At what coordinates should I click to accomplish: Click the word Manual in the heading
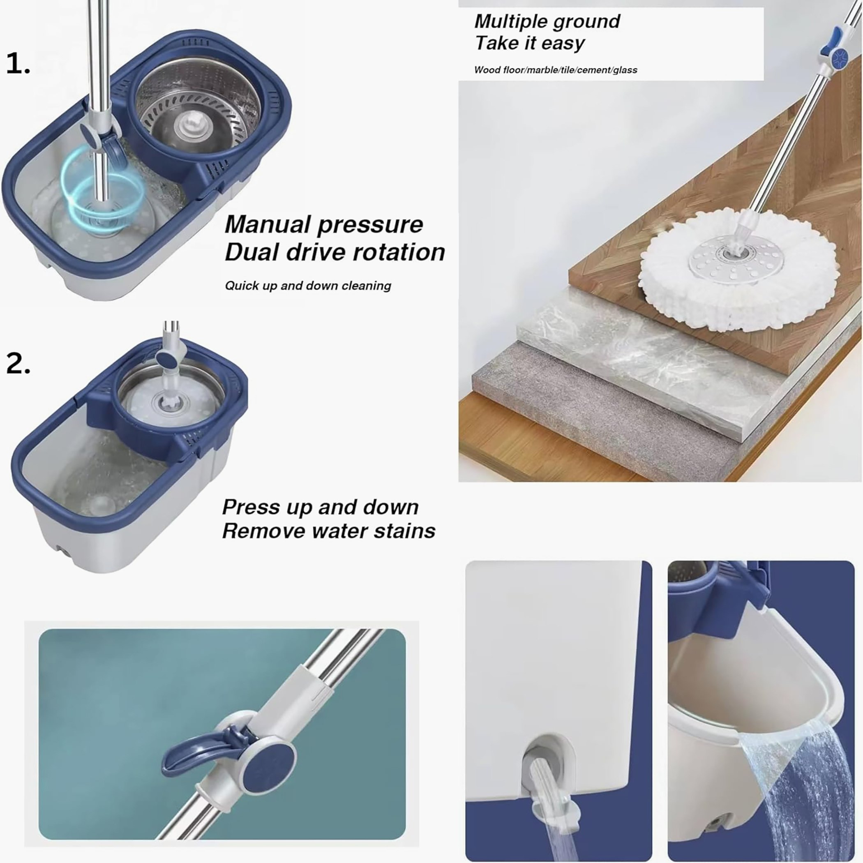(266, 224)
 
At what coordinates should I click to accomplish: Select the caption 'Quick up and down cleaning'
(308, 286)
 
